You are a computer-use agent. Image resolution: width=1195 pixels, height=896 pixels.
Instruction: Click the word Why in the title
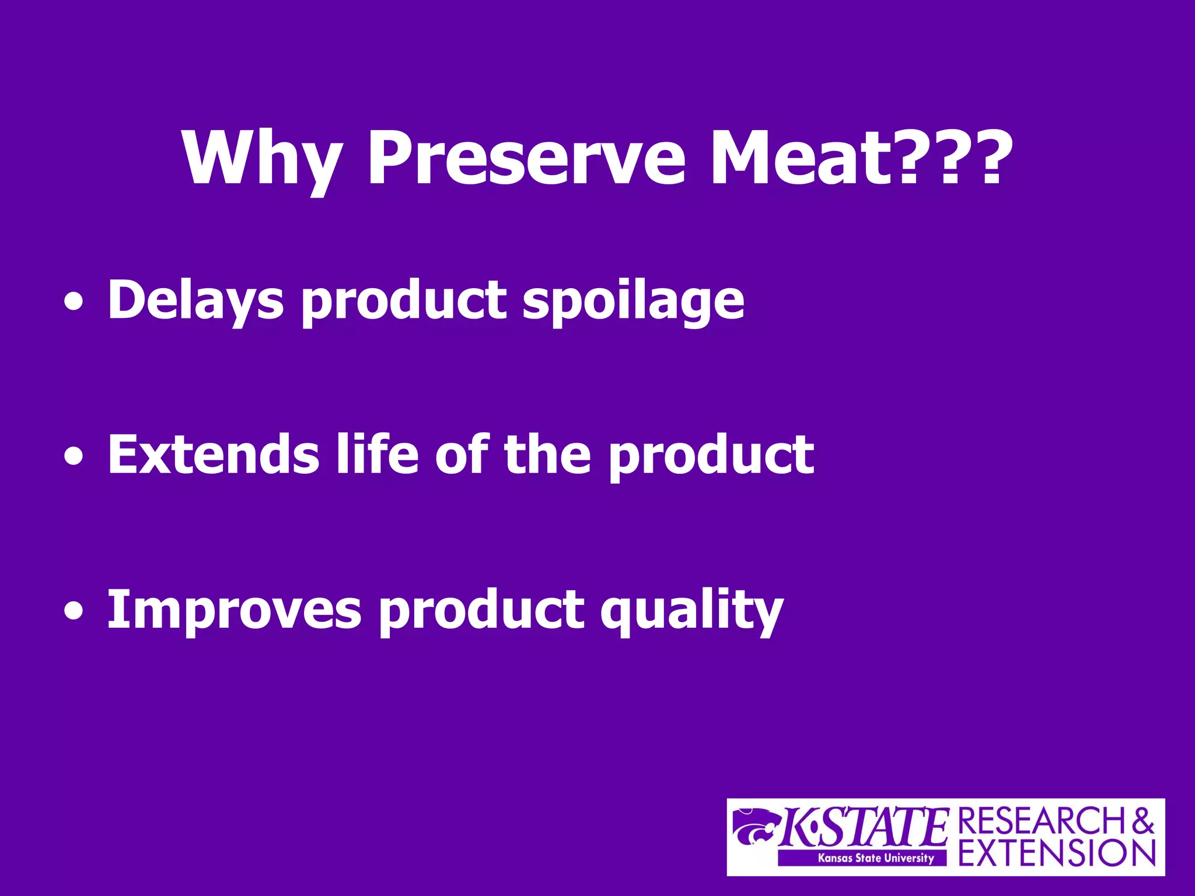coord(261,159)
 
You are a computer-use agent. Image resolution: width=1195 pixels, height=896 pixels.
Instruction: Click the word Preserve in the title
coord(525,159)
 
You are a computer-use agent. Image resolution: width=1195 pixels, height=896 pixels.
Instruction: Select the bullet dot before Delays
coord(74,303)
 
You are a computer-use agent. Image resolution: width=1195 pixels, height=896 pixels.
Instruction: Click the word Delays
coord(195,300)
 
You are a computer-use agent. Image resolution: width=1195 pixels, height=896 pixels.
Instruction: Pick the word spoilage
coord(633,302)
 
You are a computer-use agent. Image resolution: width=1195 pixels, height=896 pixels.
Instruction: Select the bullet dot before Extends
coord(74,457)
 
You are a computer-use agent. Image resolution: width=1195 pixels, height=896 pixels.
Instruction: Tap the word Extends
coord(213,455)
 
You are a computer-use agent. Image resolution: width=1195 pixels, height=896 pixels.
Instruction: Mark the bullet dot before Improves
coord(74,612)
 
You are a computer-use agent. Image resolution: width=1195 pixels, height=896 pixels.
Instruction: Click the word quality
coord(691,611)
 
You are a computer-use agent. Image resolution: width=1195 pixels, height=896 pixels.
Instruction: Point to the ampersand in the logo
coord(1142,821)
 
